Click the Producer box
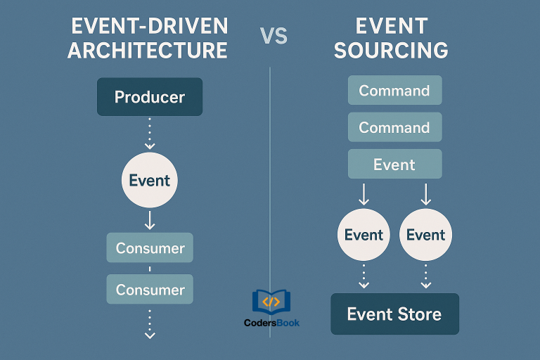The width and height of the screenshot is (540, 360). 149,96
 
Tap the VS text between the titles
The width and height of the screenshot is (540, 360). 274,36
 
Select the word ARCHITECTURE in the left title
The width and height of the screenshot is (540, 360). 148,51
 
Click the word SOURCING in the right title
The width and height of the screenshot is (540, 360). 391,51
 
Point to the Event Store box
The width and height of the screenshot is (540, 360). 394,314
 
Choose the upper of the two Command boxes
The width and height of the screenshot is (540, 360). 394,91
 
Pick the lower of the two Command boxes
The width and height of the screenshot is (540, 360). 394,127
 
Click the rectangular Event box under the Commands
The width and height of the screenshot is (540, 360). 394,164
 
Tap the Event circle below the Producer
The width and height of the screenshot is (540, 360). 149,180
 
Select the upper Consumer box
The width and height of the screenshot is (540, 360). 150,247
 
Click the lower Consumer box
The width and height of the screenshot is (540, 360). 150,289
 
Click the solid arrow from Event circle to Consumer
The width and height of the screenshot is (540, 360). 149,221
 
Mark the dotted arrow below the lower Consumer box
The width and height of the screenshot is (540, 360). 149,324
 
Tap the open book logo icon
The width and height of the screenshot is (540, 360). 271,302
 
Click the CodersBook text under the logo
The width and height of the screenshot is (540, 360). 271,323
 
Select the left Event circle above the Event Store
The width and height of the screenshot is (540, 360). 364,235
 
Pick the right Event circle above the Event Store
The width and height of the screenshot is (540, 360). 425,235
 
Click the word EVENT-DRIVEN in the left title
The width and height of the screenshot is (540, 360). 149,27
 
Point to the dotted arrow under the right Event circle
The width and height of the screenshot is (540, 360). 425,276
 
